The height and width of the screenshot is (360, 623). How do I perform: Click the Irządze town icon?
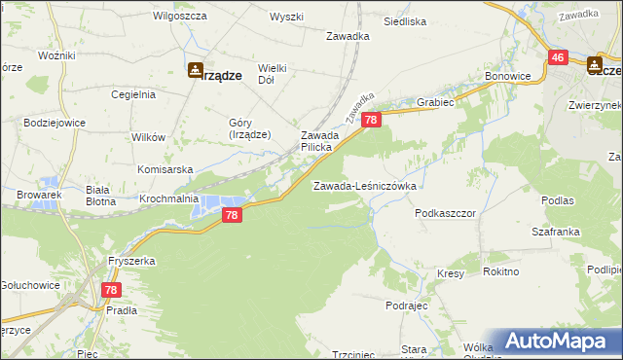(195, 70)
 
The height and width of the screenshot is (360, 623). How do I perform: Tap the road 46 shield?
(558, 58)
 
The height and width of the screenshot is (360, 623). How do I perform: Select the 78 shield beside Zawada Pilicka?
(371, 120)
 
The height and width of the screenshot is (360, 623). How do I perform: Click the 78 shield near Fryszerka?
(112, 290)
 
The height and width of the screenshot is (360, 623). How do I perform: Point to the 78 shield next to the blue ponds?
(232, 215)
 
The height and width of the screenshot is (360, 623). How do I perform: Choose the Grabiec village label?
(438, 100)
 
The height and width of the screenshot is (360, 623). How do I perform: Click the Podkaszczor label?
(444, 211)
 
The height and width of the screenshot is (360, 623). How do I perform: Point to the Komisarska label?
(161, 167)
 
